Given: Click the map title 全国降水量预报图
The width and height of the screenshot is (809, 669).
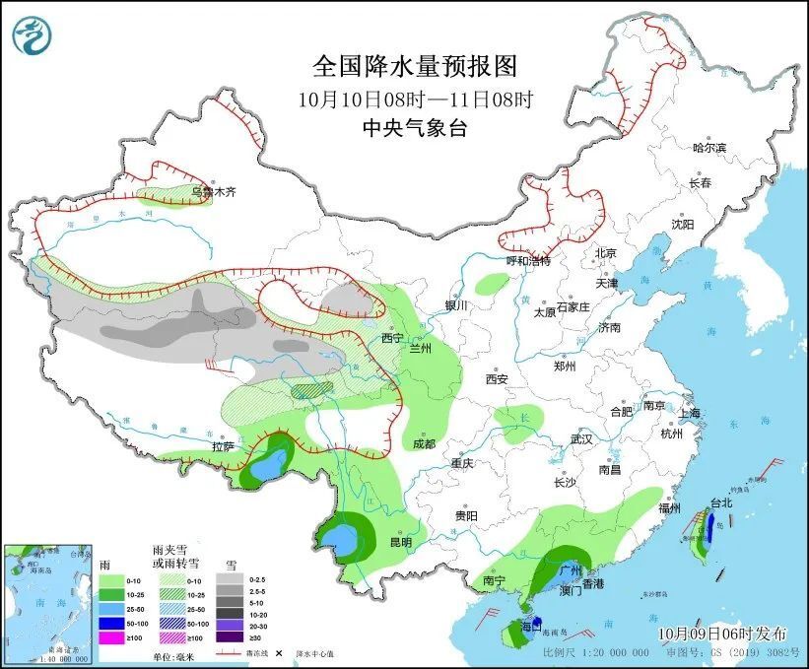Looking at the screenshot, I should (x=414, y=67).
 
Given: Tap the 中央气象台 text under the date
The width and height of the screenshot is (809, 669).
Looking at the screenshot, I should (x=414, y=127).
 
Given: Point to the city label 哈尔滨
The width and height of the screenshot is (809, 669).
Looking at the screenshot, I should (x=708, y=149).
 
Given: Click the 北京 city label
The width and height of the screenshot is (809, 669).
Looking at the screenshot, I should (x=605, y=253).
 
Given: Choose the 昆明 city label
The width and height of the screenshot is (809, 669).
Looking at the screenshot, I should (x=401, y=543).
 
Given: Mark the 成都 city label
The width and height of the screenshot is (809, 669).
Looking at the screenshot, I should (x=424, y=444).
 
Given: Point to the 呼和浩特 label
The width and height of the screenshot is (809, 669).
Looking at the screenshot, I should (x=528, y=261).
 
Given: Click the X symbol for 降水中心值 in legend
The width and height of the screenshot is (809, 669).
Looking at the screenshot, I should (x=279, y=652).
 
